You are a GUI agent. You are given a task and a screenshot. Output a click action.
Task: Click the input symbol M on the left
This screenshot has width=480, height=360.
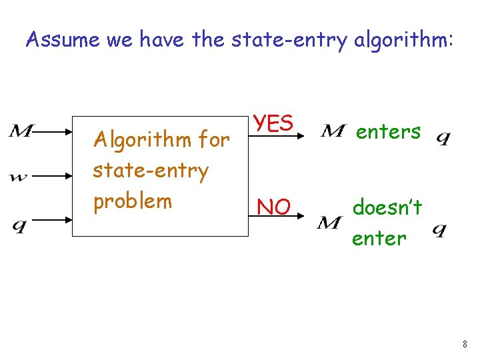21,132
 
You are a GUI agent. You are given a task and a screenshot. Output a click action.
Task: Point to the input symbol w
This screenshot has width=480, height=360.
19,177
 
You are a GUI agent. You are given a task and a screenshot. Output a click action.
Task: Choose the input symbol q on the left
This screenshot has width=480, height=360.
20,225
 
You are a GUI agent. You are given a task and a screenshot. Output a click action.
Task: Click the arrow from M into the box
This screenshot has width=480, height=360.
53,132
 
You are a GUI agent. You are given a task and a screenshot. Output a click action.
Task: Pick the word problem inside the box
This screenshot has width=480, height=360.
133,201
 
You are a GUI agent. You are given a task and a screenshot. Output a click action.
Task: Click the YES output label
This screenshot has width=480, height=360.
272,124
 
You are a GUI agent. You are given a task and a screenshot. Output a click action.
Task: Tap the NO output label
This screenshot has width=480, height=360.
273,208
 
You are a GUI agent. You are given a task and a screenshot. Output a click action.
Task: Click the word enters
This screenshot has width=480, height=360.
388,132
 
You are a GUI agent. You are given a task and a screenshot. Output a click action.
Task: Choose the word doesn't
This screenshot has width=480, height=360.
387,209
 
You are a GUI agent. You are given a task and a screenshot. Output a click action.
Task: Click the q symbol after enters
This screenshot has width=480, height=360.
443,139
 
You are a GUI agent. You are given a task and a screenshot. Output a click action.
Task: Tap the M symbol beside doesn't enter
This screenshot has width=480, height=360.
330,223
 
